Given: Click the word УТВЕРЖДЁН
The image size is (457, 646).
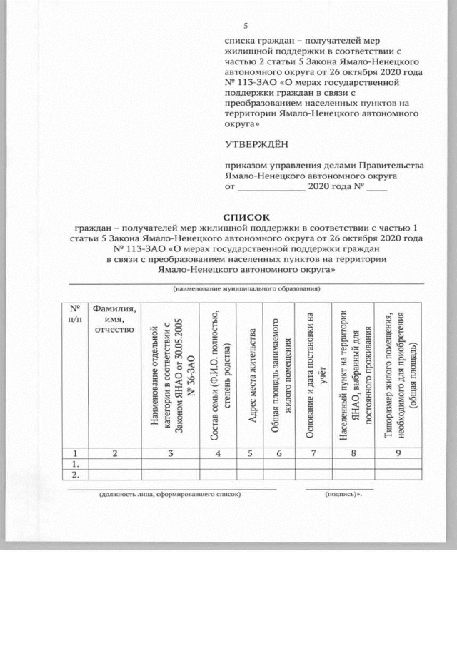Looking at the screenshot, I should pos(257,144).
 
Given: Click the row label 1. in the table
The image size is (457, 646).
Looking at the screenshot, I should pos(74,463).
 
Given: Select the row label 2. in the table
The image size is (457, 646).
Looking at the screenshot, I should pos(74,474).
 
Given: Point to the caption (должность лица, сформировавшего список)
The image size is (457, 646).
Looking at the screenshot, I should pos(170,493).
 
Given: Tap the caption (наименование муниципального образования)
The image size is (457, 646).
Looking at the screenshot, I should pos(246,288).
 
